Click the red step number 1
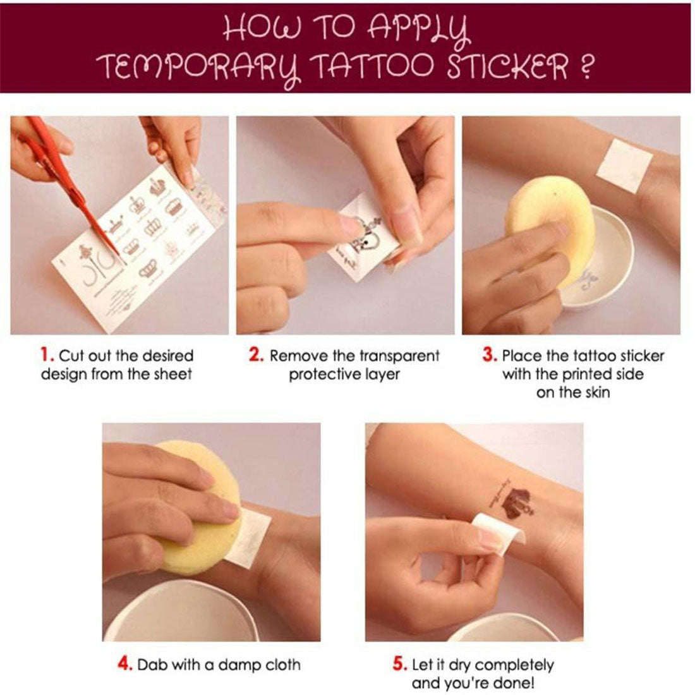coord(45,355)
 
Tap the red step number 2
coord(256,355)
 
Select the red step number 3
coord(489,355)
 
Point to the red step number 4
coord(124,664)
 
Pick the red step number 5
coord(399,664)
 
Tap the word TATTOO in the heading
coord(372,66)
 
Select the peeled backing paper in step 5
coord(499,529)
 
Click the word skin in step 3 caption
coord(597,392)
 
